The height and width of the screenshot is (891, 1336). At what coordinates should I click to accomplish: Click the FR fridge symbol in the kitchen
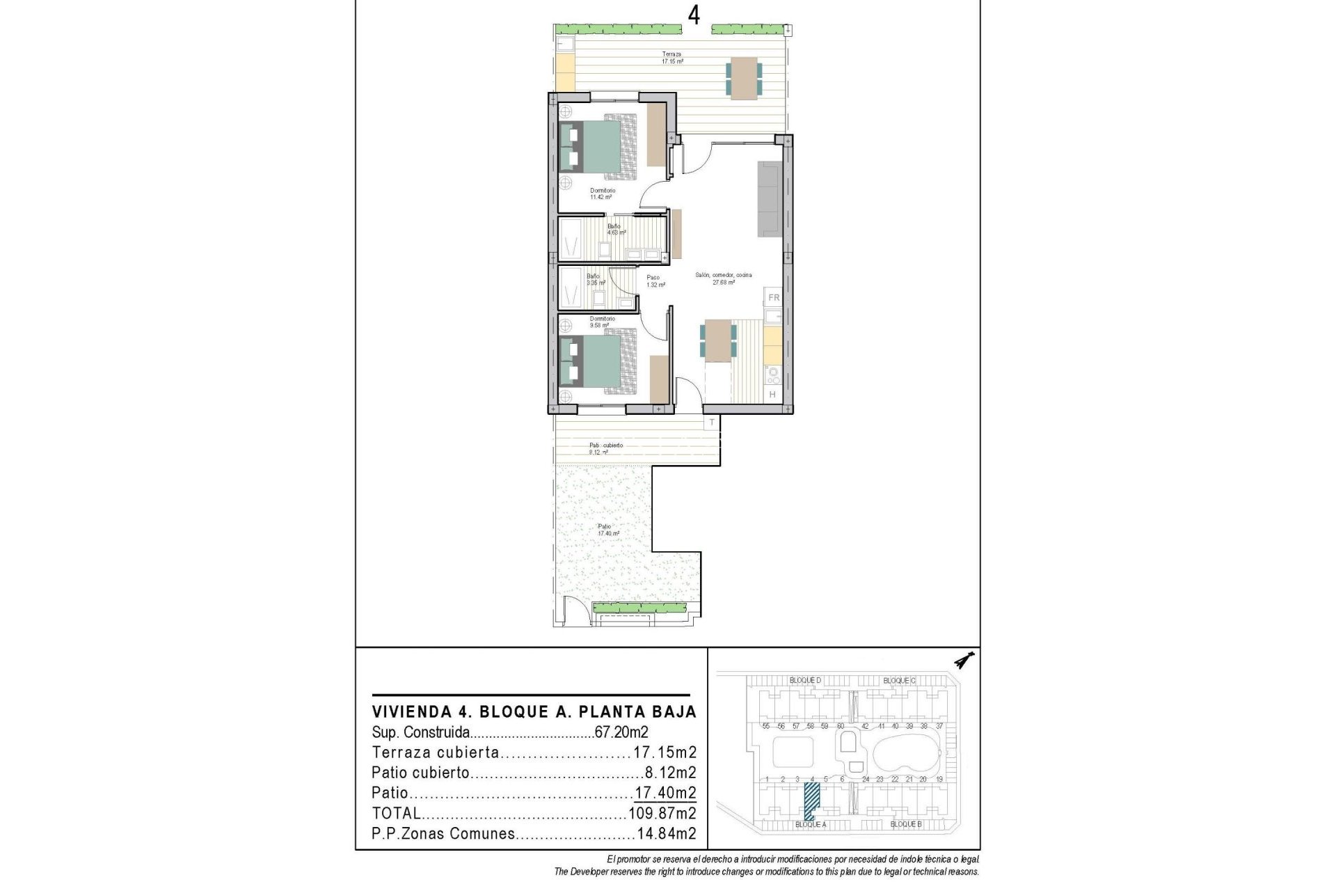tap(773, 298)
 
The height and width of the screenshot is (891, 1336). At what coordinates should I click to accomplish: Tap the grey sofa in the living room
tap(770, 199)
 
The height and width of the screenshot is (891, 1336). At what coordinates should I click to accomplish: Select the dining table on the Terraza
tap(744, 78)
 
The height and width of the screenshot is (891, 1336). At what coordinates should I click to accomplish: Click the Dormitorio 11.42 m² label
tap(603, 194)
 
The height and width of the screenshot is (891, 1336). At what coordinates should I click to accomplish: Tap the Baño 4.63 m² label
tap(616, 229)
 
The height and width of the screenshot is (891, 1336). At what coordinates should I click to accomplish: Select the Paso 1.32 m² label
tap(655, 281)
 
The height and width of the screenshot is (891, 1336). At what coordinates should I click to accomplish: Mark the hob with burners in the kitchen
tap(772, 376)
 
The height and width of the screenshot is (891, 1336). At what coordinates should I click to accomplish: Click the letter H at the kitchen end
tap(772, 395)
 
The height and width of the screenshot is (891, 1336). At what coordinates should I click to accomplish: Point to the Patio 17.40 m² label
tap(607, 530)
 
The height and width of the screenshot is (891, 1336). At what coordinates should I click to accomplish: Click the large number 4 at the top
tap(694, 15)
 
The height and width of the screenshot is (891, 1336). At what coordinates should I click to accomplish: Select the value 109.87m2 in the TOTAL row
tap(662, 813)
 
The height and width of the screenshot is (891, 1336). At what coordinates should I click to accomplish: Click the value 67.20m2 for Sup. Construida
tap(621, 732)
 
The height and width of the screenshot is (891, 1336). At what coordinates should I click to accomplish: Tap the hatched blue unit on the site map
tap(811, 801)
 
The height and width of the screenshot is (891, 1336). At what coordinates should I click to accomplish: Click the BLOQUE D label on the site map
tap(805, 680)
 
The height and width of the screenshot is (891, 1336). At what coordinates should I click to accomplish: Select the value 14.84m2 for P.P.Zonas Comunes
tap(666, 834)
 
